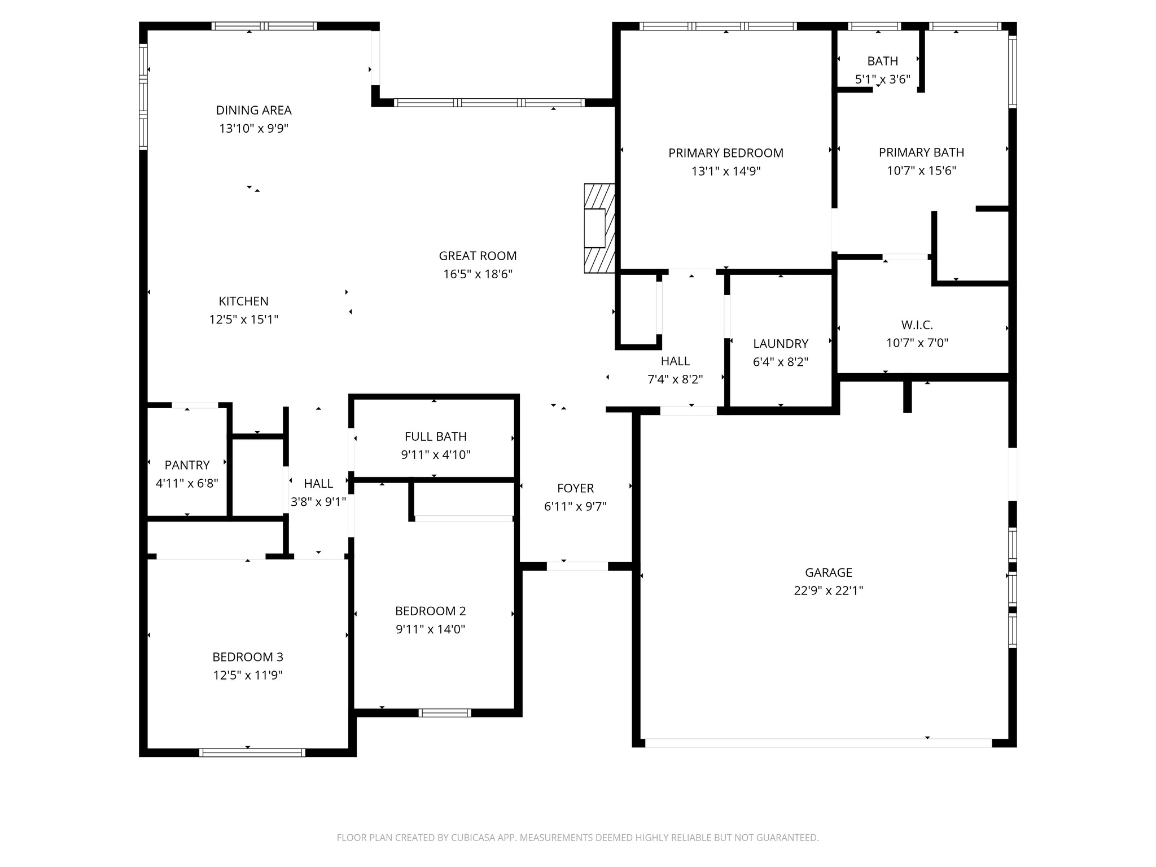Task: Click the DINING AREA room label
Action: (x=253, y=110)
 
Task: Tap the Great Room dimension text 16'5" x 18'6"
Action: (x=478, y=274)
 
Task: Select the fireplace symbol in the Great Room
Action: (x=599, y=228)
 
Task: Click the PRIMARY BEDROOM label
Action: (x=725, y=153)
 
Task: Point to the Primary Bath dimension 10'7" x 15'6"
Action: (x=921, y=170)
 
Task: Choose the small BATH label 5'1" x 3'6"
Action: (x=882, y=61)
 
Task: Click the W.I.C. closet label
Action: (x=917, y=325)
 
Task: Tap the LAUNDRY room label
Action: (x=780, y=344)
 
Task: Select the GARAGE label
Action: (x=828, y=572)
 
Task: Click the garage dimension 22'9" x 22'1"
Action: (x=828, y=590)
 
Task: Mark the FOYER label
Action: (x=575, y=488)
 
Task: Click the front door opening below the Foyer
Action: (x=577, y=566)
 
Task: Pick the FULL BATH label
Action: (x=435, y=436)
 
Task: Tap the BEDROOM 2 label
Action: (x=430, y=611)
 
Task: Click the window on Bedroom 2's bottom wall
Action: (x=444, y=713)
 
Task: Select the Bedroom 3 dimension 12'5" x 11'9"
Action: (x=248, y=675)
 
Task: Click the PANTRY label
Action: (x=187, y=465)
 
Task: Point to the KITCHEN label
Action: (x=243, y=301)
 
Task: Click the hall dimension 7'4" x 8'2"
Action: (x=675, y=379)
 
